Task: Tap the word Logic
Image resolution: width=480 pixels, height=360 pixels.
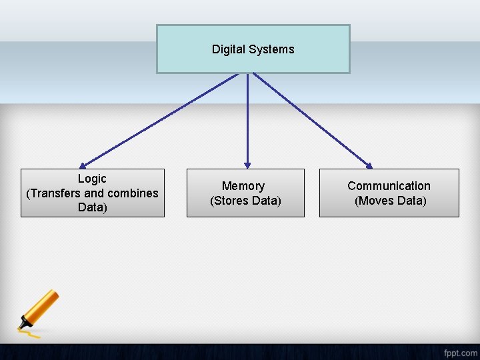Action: point(92,179)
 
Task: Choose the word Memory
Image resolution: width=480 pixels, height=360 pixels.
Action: point(243,186)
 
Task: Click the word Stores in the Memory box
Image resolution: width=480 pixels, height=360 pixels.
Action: point(232,201)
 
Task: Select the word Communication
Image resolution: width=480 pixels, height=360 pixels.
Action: point(389,186)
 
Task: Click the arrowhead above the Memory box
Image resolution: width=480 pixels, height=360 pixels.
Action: point(247,164)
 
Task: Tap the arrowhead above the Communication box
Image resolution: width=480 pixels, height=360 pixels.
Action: point(369,165)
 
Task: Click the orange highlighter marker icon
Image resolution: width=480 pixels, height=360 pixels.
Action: point(41,310)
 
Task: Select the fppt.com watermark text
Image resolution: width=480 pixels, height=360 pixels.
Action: point(459,351)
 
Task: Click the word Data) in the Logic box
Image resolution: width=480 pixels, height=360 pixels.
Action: point(92,207)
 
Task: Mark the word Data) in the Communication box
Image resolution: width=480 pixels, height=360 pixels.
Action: point(409,201)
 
